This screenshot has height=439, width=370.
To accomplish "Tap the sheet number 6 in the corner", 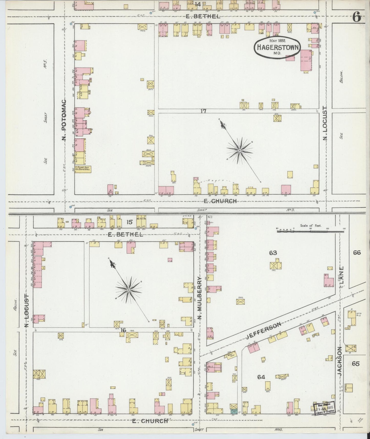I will [357, 17].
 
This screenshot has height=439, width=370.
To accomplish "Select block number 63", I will [273, 253].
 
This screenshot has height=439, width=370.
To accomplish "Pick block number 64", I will [261, 377].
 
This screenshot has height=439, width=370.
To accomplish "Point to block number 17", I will [203, 111].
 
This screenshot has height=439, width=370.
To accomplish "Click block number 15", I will [129, 222].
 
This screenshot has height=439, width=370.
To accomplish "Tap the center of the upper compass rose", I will [240, 151].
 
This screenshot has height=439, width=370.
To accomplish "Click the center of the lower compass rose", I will [129, 290].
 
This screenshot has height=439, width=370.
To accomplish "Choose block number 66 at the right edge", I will [357, 253].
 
